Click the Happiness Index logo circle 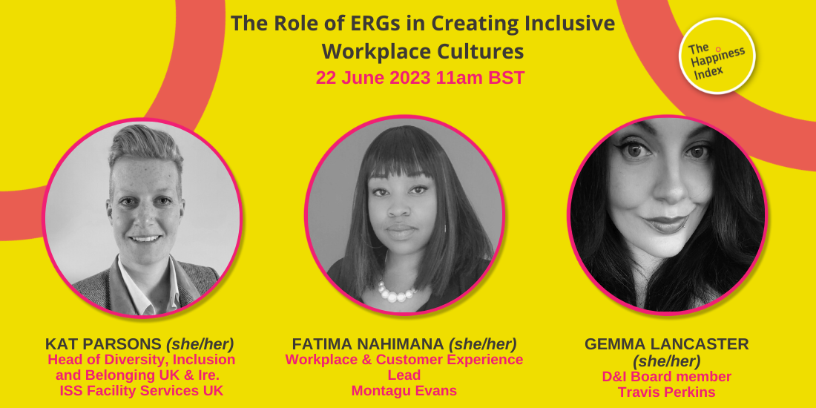(717, 56)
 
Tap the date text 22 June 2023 (373, 78)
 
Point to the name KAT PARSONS (103, 344)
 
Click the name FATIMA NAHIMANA (368, 344)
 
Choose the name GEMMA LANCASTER (667, 344)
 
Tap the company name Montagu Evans (404, 391)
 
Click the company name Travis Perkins (667, 392)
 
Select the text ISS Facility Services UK (142, 391)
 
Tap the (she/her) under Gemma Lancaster (667, 360)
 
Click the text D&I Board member (667, 376)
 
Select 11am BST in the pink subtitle (481, 78)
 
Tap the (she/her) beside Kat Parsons (200, 344)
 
